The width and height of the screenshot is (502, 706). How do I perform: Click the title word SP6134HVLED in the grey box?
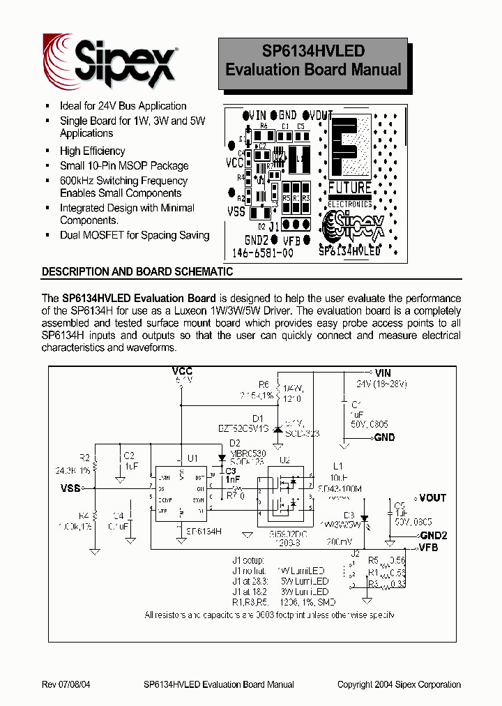pos(313,51)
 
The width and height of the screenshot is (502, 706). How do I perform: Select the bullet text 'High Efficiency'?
pos(92,151)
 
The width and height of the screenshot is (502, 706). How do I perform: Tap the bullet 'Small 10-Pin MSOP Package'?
pos(124,165)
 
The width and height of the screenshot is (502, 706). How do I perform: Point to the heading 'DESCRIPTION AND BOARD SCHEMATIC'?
pos(137,271)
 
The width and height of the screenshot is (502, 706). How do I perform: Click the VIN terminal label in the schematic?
pos(383,372)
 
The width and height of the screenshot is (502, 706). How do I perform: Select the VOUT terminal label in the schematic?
pos(433,498)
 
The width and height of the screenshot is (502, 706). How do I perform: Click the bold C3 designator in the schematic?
pos(231,472)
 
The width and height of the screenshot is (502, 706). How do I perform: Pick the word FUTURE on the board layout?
pos(349,187)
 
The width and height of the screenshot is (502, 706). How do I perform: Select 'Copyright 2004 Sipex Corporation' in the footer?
pos(399,684)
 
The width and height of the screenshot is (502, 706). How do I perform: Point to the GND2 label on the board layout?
pos(258,238)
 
